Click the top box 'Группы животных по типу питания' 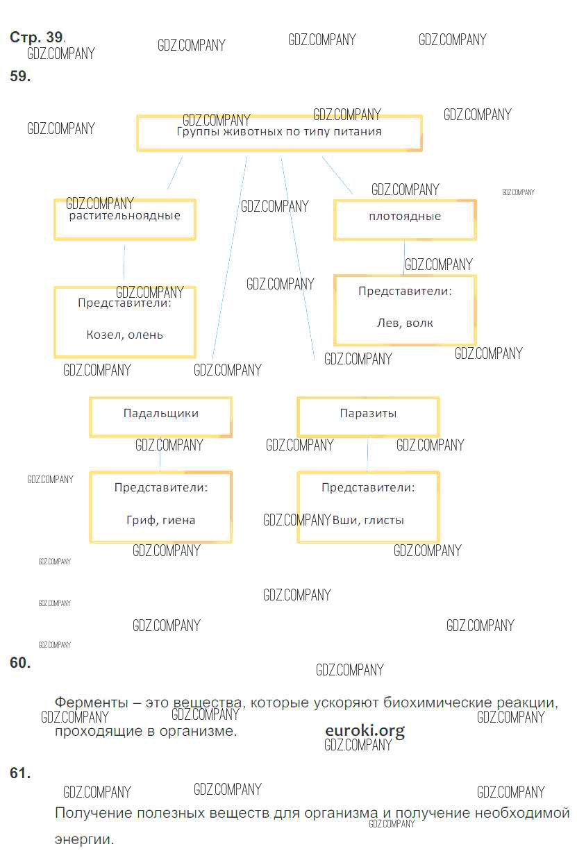coord(279,133)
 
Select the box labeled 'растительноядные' coord(125,219)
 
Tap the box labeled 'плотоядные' coord(405,219)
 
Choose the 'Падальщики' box coord(160,417)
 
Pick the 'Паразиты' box coord(368,417)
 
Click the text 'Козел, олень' coord(125,335)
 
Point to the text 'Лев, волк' coord(405,323)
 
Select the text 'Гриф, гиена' coord(160,520)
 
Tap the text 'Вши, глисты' coord(369,520)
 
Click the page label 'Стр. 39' coord(37,38)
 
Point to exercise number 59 coord(20,77)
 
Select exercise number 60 coord(20,663)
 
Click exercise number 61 coord(20,773)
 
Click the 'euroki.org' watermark coord(365,730)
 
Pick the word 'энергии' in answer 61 coord(83,839)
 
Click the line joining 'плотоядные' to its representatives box coord(404,258)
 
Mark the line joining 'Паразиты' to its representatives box coord(367,455)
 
